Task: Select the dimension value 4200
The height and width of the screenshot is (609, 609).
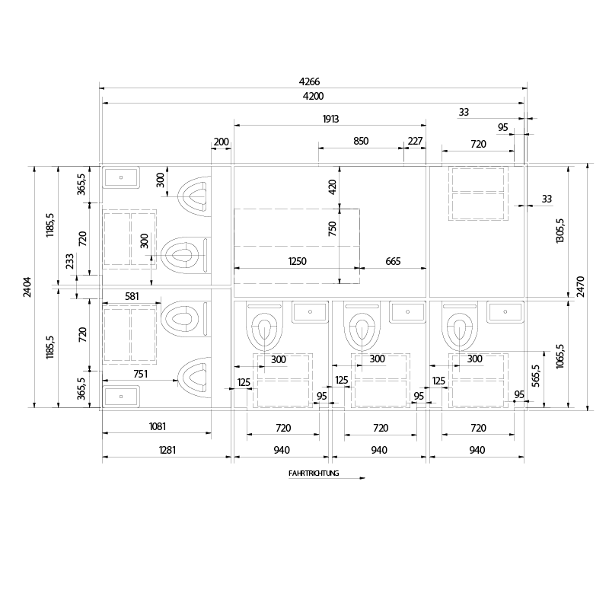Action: click(x=312, y=96)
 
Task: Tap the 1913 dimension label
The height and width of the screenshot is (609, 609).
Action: click(x=330, y=119)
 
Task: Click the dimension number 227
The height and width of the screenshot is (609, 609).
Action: click(x=415, y=142)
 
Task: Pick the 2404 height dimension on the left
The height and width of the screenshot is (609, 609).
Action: click(x=28, y=286)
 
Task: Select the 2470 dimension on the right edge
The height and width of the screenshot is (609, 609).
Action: click(x=582, y=286)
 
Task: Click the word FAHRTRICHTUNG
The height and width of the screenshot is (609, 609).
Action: click(x=314, y=473)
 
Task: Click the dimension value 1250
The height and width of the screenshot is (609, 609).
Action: click(x=297, y=262)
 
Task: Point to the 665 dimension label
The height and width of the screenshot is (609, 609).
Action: click(x=393, y=262)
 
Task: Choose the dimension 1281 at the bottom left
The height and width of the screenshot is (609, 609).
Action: click(x=167, y=450)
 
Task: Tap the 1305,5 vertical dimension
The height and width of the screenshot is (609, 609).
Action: click(x=561, y=231)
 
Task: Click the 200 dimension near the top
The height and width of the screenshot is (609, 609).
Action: click(x=221, y=142)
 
